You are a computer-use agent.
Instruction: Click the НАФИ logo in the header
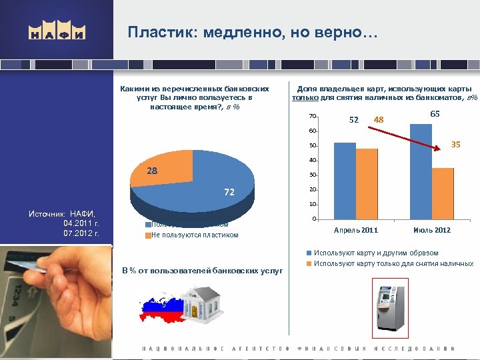(57, 32)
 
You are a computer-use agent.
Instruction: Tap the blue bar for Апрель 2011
(345, 181)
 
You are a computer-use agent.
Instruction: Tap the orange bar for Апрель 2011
(367, 183)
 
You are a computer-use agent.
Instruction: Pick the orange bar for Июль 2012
(443, 193)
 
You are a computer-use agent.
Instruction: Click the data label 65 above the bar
(435, 114)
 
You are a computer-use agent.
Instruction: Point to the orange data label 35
(455, 143)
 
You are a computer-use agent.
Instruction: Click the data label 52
(354, 119)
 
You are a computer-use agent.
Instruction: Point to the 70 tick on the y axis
(313, 116)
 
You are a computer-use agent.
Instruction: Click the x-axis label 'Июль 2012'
(431, 230)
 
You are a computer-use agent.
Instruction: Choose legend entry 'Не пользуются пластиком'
(194, 235)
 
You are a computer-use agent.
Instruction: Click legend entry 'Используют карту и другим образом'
(376, 253)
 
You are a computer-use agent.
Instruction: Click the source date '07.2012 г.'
(81, 234)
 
